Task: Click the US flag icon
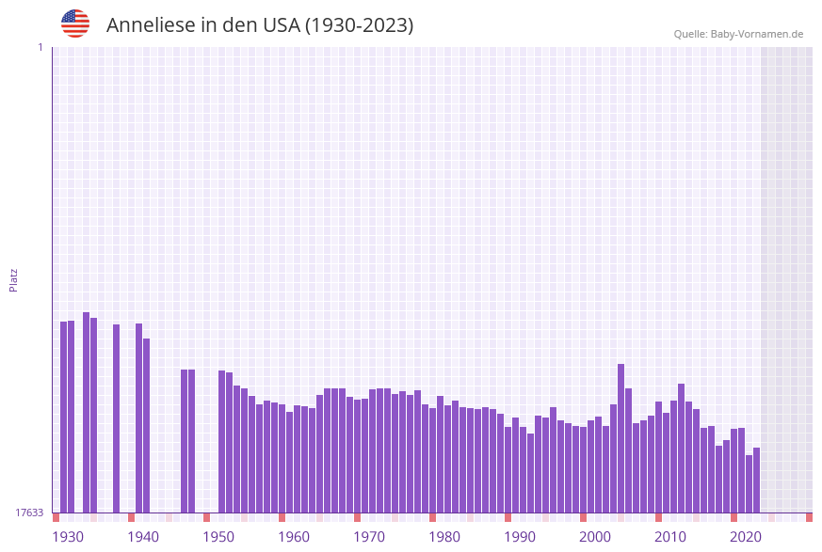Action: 75,24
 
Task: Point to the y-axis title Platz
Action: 14,279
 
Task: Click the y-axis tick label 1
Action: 40,47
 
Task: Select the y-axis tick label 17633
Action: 29,513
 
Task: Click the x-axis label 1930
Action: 68,537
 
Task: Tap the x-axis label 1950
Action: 218,537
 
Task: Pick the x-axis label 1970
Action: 369,537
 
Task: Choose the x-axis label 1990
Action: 520,537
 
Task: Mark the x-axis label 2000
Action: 595,537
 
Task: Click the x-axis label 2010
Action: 670,537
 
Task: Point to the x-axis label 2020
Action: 746,537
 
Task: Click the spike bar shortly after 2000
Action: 621,437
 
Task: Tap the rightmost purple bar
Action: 756,480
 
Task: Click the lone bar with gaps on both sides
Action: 117,418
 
